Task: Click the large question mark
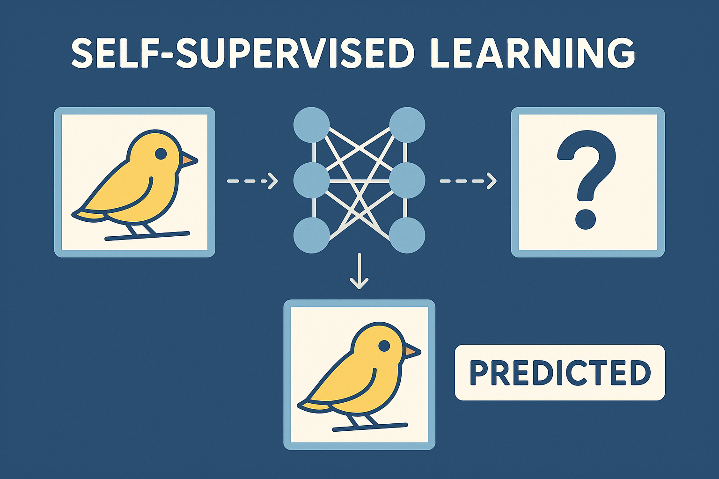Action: coord(586,179)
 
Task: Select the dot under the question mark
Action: coord(586,219)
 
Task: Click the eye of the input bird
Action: coord(161,154)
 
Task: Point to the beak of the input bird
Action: coord(190,160)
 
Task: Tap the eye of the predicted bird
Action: coord(384,346)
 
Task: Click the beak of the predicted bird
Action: coord(413,352)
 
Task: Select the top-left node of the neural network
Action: coord(312,125)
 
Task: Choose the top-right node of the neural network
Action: coord(407,125)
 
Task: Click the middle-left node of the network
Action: coord(312,181)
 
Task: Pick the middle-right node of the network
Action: coord(407,181)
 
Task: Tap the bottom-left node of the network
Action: coord(312,235)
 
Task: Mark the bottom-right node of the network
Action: coord(407,235)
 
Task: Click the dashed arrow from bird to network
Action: coord(252,181)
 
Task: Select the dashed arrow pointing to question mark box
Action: coord(468,181)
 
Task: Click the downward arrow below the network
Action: coord(359,271)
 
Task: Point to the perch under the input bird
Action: coord(147,236)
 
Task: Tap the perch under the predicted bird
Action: coord(370,427)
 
